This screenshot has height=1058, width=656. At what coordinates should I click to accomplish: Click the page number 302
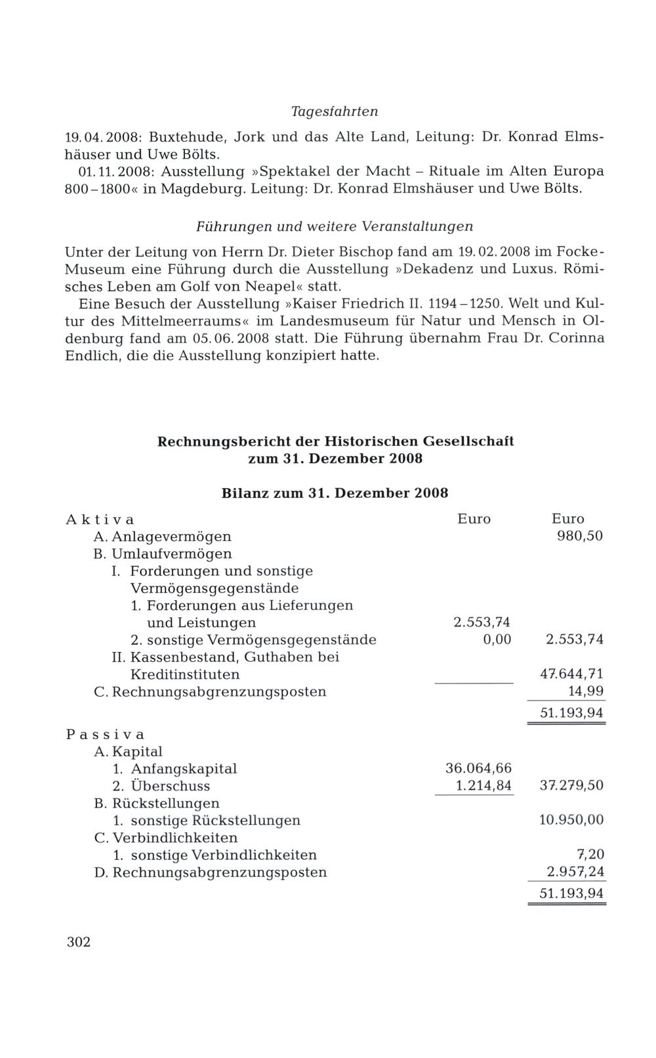pos(78,943)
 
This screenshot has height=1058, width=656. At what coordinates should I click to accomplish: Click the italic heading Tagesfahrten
pos(335,112)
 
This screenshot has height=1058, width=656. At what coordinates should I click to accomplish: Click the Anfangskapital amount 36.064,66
pos(478,769)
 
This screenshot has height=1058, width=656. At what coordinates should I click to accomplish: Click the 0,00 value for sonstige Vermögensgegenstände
pos(497,640)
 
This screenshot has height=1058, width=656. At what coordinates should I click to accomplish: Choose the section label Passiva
pos(105,734)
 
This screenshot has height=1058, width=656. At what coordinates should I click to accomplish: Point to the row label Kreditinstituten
pos(185,674)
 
